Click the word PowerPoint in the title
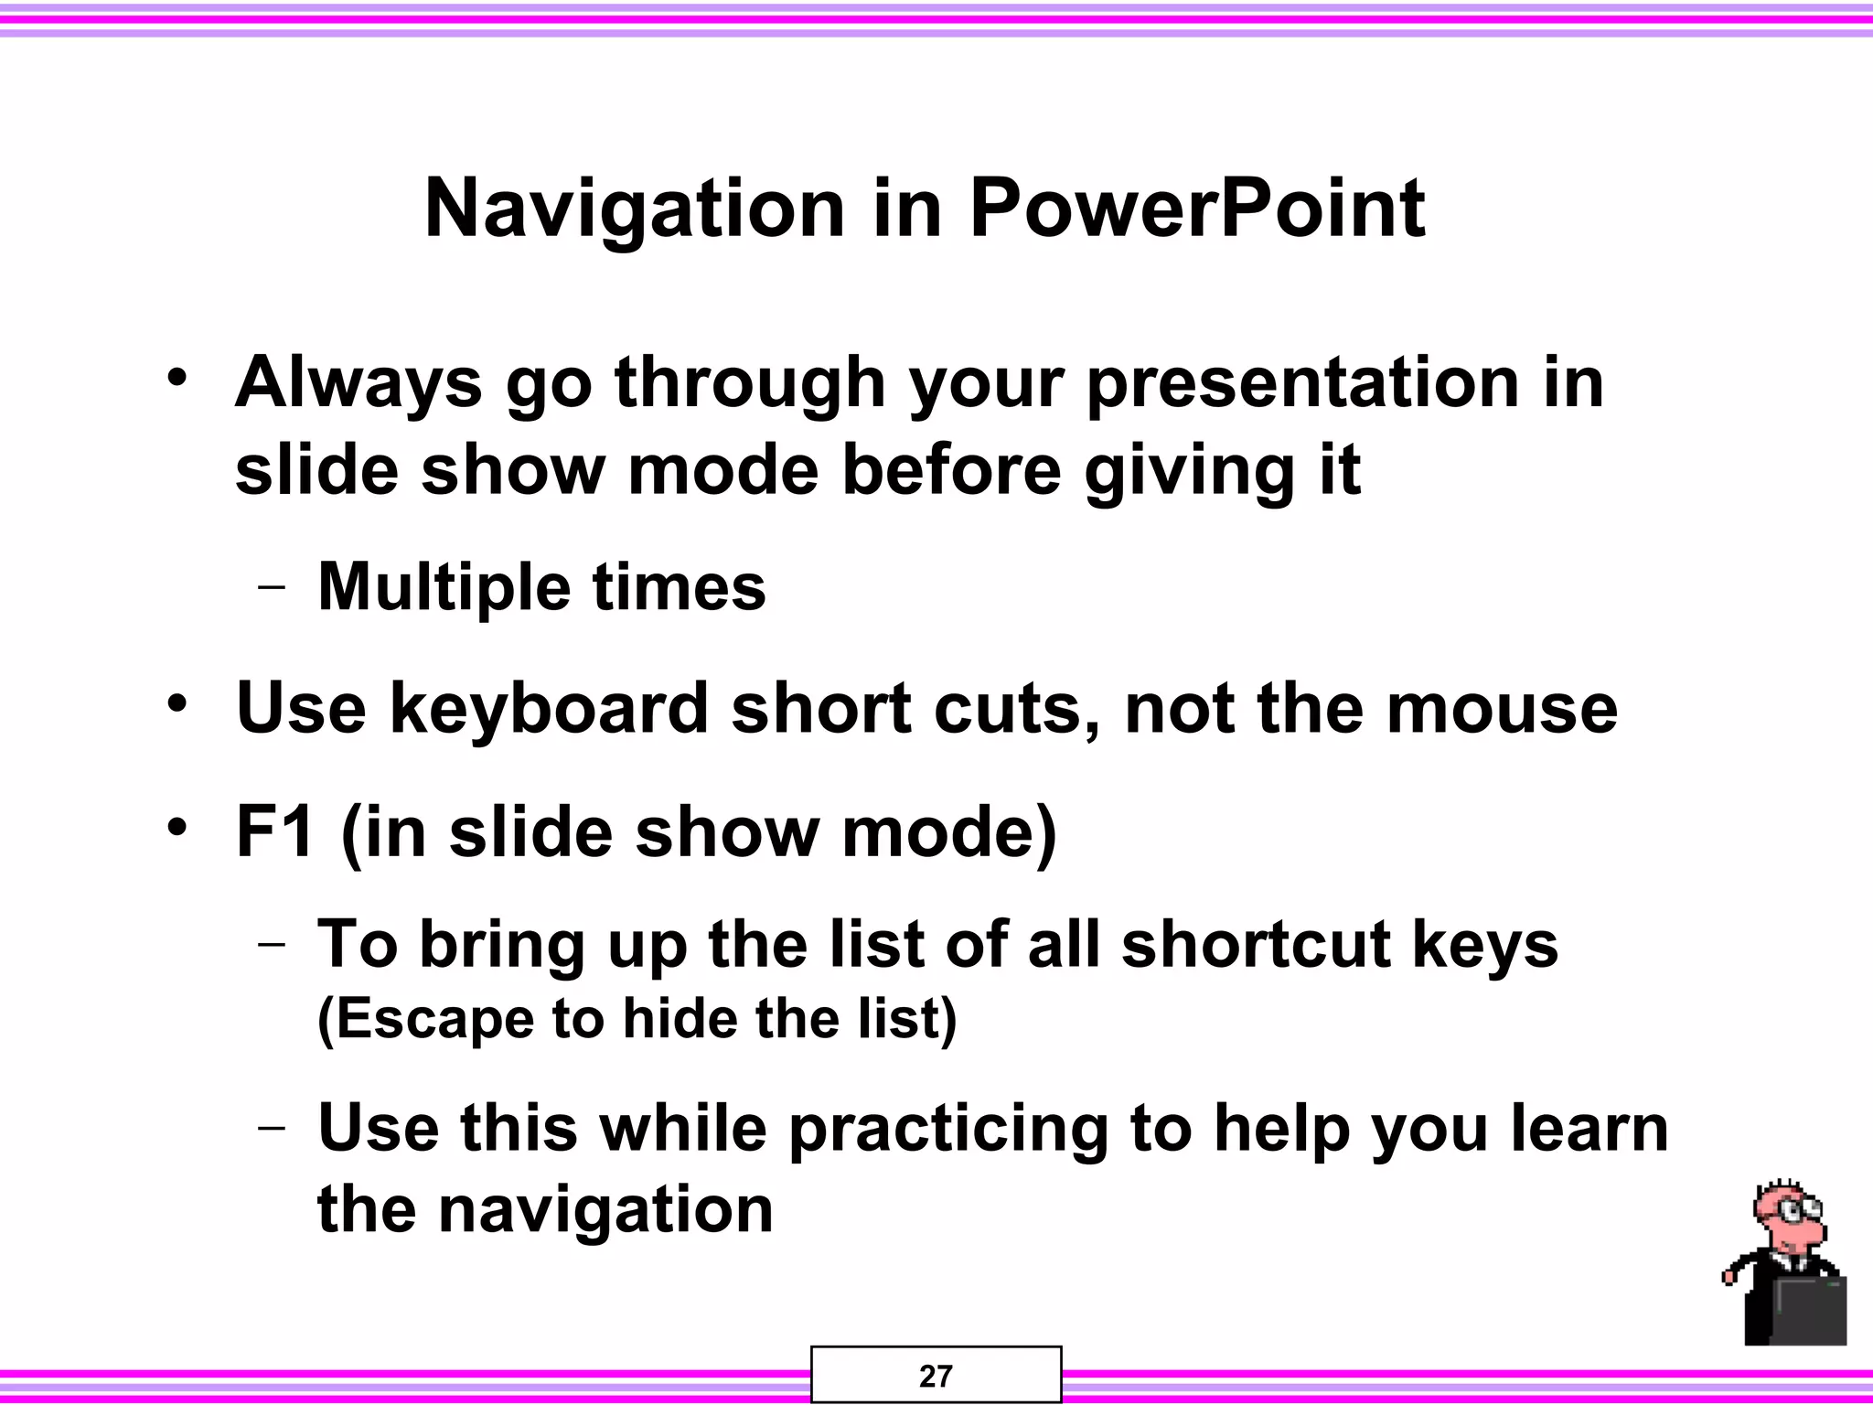coord(1196,209)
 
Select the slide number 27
coord(936,1376)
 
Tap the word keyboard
coord(550,708)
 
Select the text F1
coord(275,831)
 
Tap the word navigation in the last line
coord(605,1209)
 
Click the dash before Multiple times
coord(271,588)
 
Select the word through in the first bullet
coord(750,384)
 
